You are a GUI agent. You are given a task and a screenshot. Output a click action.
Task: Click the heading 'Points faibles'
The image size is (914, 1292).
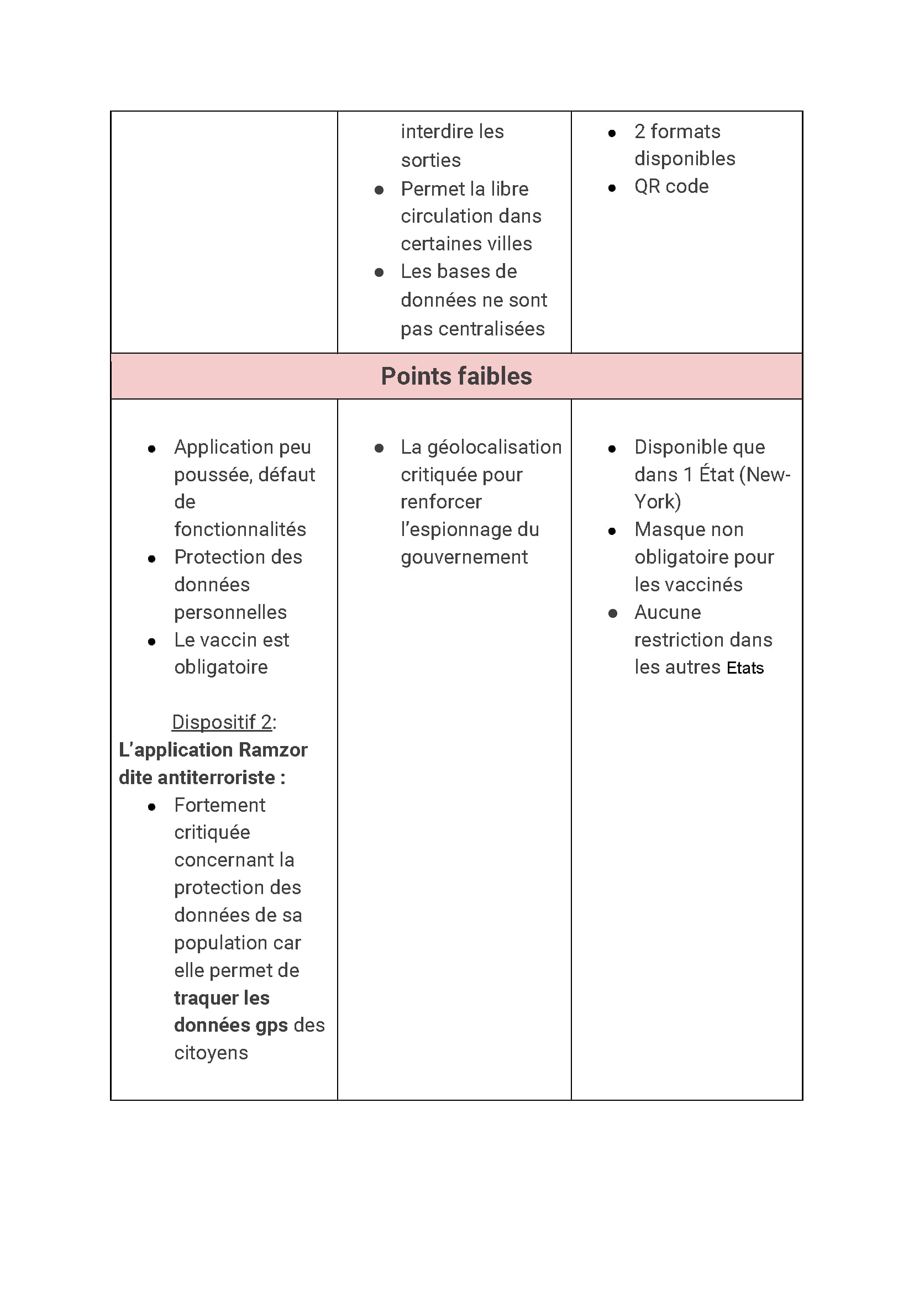456,376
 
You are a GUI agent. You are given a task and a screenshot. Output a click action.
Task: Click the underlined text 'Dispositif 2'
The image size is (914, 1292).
222,722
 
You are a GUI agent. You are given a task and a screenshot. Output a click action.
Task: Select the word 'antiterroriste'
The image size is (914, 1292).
216,778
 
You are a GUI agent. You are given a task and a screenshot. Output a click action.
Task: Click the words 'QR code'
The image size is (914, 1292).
671,186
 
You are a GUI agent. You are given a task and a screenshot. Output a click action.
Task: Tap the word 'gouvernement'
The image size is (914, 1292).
464,557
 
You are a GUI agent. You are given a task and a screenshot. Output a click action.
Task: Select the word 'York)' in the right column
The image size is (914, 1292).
658,502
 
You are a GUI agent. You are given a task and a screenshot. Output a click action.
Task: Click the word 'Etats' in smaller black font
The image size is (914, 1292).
744,668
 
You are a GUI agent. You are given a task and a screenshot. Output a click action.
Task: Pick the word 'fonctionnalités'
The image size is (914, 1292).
240,529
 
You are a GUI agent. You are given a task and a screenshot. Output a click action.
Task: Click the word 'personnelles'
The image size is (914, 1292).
230,612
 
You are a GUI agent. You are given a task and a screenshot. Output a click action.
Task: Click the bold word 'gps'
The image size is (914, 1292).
271,1026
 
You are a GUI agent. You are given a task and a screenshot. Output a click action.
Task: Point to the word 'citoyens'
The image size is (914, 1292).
211,1053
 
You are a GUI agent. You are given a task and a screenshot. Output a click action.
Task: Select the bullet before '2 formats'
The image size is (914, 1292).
612,133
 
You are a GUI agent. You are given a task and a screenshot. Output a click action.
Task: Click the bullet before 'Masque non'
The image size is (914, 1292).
612,531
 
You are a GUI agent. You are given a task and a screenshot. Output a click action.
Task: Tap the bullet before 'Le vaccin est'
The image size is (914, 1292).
151,642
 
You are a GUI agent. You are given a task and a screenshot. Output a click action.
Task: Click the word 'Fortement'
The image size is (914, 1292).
219,805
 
